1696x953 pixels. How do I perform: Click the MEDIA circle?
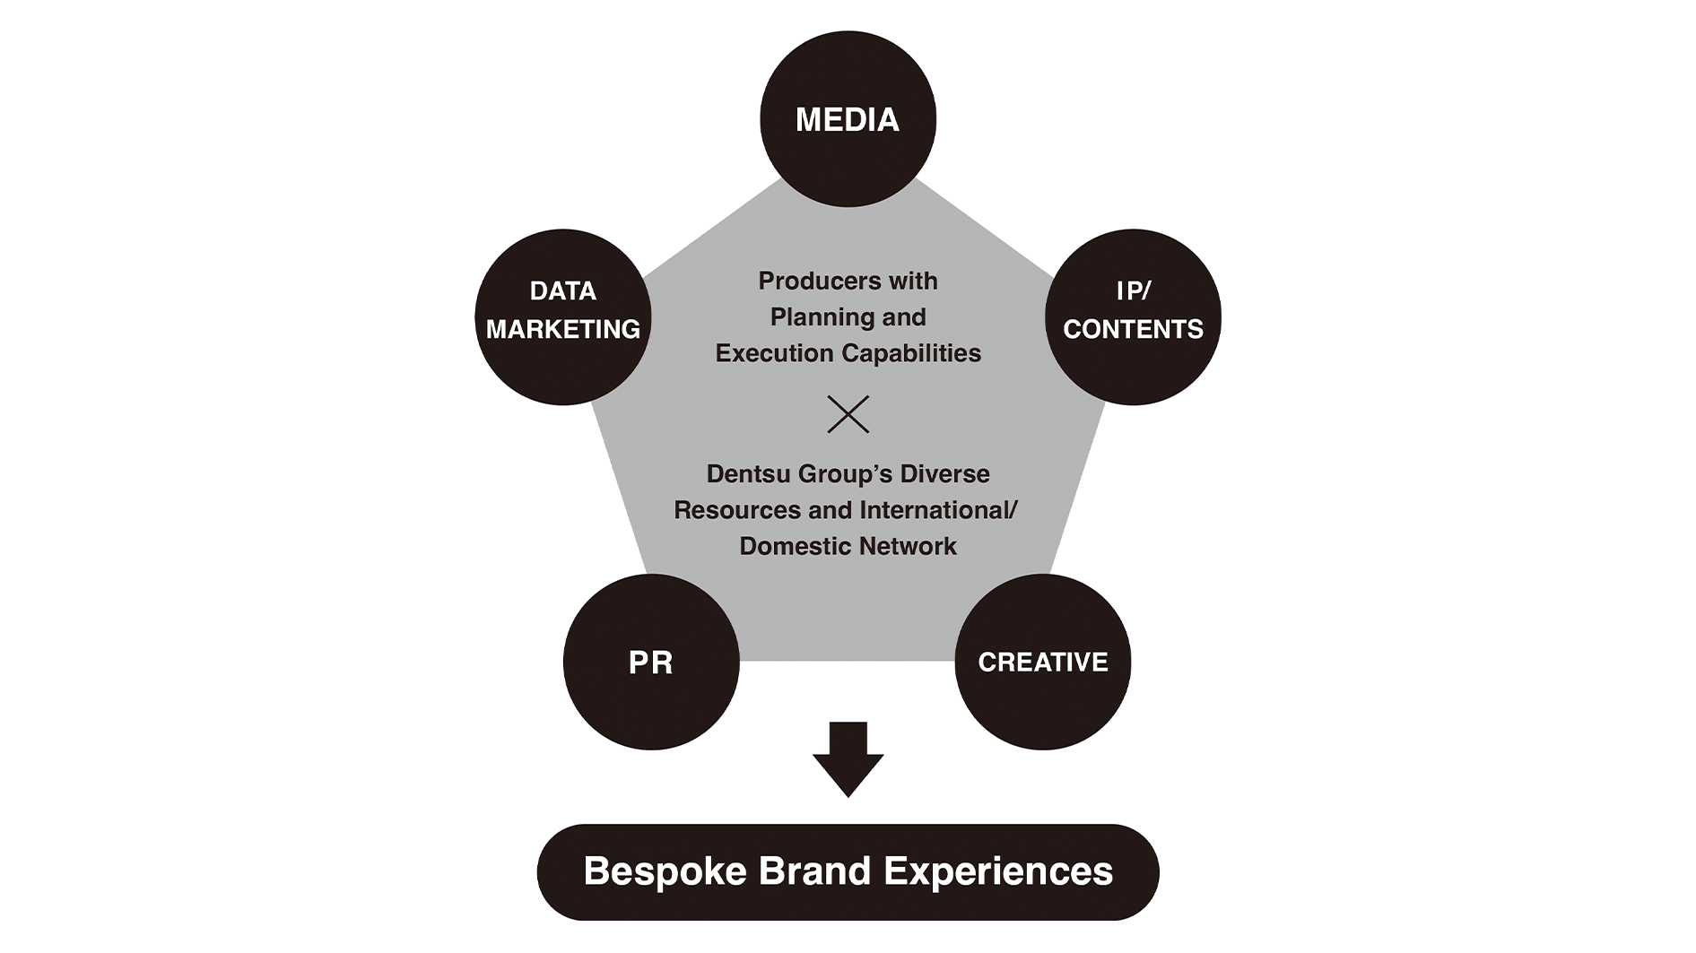click(848, 119)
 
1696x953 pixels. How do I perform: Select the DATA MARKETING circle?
click(562, 316)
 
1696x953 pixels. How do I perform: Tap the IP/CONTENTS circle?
click(1133, 316)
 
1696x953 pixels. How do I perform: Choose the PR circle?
click(651, 662)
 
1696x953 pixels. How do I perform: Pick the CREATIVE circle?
click(1042, 662)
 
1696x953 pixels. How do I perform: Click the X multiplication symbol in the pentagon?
click(848, 414)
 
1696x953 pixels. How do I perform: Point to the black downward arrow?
click(848, 758)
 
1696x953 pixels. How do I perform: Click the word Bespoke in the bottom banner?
click(665, 871)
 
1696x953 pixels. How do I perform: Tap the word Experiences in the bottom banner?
click(998, 871)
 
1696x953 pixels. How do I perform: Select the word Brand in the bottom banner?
click(815, 871)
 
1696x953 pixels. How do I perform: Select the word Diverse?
click(944, 473)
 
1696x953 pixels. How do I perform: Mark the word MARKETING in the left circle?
click(562, 329)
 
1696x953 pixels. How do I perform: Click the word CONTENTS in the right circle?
click(1133, 329)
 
